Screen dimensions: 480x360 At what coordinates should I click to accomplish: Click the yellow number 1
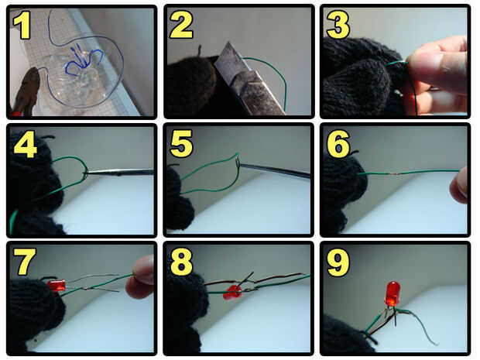tap(22, 25)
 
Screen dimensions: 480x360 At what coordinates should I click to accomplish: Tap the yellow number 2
tap(181, 26)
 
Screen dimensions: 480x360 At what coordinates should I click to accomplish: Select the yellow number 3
tap(338, 25)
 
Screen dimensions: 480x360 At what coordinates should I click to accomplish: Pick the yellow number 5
tap(181, 143)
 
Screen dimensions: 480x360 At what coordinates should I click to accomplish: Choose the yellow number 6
tap(338, 143)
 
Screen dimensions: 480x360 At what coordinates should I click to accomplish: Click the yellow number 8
tap(181, 262)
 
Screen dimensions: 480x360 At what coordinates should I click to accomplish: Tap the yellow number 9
tap(338, 262)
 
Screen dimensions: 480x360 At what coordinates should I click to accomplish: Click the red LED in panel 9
tap(393, 294)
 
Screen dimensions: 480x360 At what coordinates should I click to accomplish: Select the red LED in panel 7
tap(57, 286)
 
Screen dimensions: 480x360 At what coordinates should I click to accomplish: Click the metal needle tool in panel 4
tap(119, 173)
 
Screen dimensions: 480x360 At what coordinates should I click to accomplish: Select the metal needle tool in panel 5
tap(274, 171)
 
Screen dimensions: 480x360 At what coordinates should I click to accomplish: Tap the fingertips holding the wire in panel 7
tap(140, 277)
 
